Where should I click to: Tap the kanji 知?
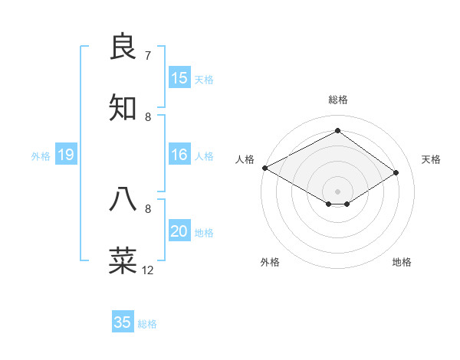click(124, 108)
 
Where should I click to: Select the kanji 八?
click(124, 198)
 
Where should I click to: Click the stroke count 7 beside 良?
click(148, 56)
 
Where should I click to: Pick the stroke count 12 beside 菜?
click(148, 270)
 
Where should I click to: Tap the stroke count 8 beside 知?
click(148, 117)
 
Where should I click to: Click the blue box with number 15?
click(179, 77)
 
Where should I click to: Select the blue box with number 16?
click(179, 155)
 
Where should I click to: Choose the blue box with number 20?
click(179, 231)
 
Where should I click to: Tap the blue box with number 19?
click(66, 155)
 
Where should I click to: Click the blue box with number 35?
click(123, 322)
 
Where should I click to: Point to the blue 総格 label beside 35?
click(148, 324)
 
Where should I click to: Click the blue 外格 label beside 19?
click(41, 156)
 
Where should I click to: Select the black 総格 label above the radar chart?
click(338, 100)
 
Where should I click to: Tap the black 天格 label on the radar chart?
click(432, 159)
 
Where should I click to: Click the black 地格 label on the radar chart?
click(402, 262)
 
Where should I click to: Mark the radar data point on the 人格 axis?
click(264, 168)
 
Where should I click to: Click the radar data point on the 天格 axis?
click(396, 172)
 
